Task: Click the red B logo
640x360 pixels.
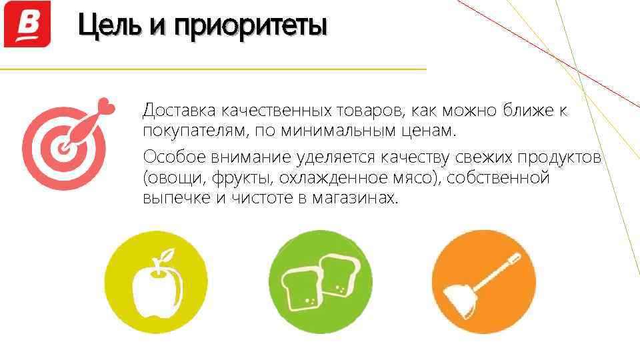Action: pyautogui.click(x=27, y=24)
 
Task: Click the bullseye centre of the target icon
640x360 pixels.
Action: pyautogui.click(x=63, y=147)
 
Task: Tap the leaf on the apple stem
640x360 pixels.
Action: pyautogui.click(x=169, y=255)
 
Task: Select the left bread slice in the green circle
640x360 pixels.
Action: pyautogui.click(x=300, y=288)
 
